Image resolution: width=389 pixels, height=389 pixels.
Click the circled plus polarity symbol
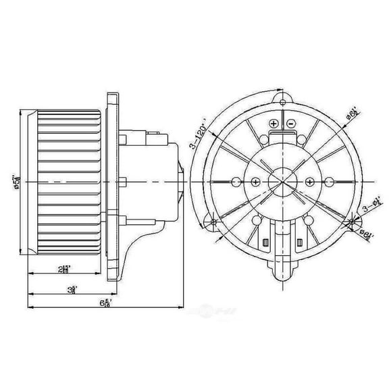273,124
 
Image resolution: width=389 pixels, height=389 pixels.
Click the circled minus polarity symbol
290,124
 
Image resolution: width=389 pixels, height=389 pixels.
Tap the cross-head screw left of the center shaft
255,181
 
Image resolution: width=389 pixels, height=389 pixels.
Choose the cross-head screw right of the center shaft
309,181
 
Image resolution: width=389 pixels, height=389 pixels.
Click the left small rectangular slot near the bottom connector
265,242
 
